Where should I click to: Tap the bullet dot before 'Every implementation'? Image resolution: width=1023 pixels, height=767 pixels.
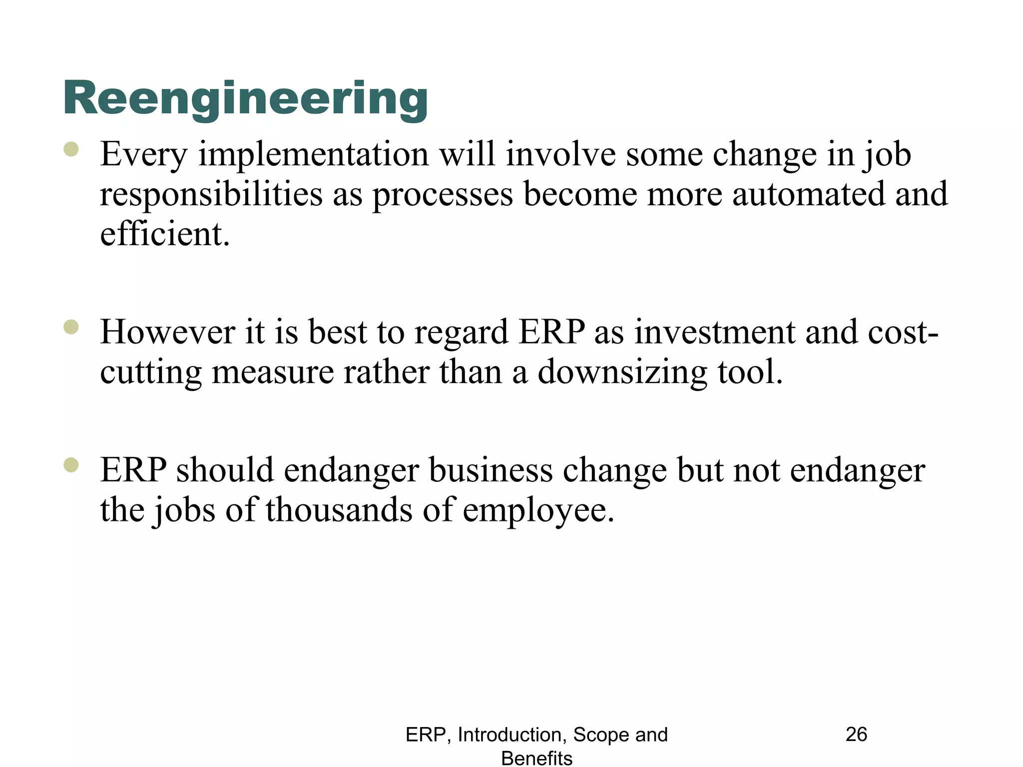coord(71,149)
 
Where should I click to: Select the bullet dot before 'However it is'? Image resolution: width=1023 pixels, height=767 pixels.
coord(71,327)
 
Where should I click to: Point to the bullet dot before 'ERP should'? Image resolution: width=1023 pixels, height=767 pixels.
coord(71,465)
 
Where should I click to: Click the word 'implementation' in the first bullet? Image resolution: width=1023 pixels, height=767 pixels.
coord(314,154)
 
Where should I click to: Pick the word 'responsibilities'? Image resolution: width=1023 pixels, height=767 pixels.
coord(211,195)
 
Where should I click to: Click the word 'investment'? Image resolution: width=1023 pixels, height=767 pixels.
coord(714,332)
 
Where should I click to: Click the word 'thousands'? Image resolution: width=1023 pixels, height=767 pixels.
coord(339,510)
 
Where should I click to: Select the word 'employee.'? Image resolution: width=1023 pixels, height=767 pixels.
coord(538,511)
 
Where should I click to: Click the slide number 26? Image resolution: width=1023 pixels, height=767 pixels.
coord(856,735)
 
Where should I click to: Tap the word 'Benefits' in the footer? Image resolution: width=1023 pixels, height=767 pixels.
coord(536,758)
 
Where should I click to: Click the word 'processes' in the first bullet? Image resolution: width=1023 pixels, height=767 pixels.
coord(443,195)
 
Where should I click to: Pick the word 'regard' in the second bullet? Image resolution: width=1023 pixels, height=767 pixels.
coord(461,333)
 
